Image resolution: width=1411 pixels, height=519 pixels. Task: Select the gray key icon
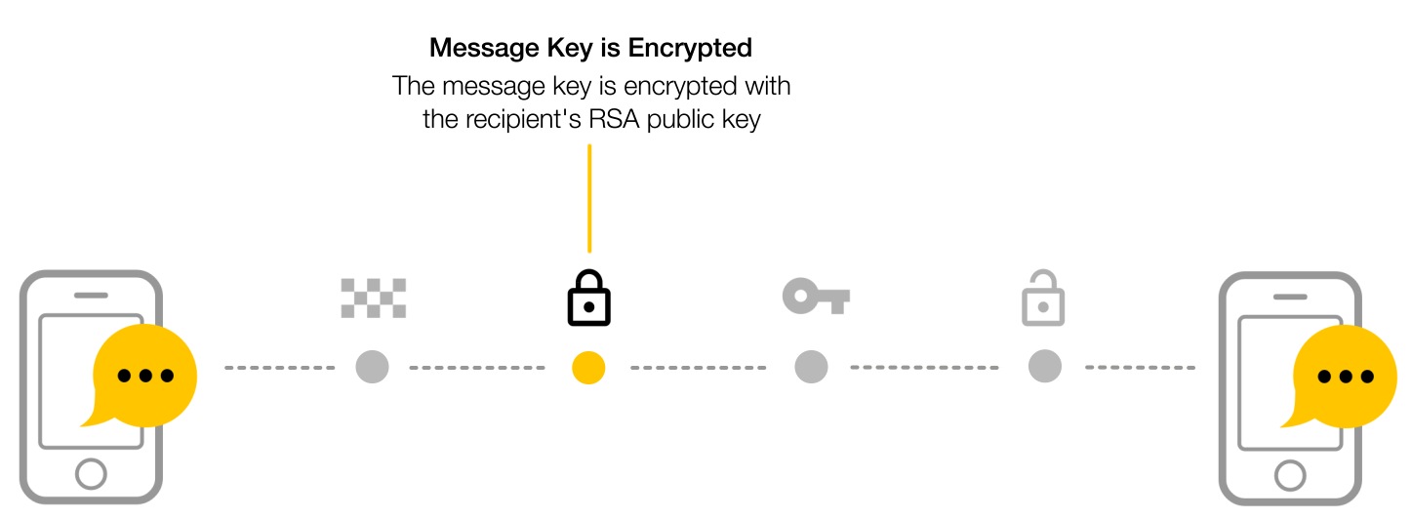(x=816, y=296)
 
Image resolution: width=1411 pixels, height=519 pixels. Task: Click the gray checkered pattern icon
(x=374, y=298)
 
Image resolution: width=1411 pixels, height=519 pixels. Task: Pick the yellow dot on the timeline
(x=588, y=368)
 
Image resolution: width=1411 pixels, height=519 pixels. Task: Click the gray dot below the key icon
(x=811, y=367)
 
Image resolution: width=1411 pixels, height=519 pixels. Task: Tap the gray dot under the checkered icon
(x=373, y=367)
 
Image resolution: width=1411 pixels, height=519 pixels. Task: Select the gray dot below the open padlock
(x=1045, y=366)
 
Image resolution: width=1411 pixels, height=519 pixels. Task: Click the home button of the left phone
(x=92, y=474)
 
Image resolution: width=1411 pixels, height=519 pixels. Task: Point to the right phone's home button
(x=1290, y=475)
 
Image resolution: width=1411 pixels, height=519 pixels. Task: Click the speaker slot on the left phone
(x=92, y=295)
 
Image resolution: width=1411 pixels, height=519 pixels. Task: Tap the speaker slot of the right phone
(x=1290, y=297)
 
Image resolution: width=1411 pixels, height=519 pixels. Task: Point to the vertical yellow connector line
(x=589, y=198)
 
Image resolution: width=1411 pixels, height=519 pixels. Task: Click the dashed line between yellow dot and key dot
(x=699, y=368)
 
